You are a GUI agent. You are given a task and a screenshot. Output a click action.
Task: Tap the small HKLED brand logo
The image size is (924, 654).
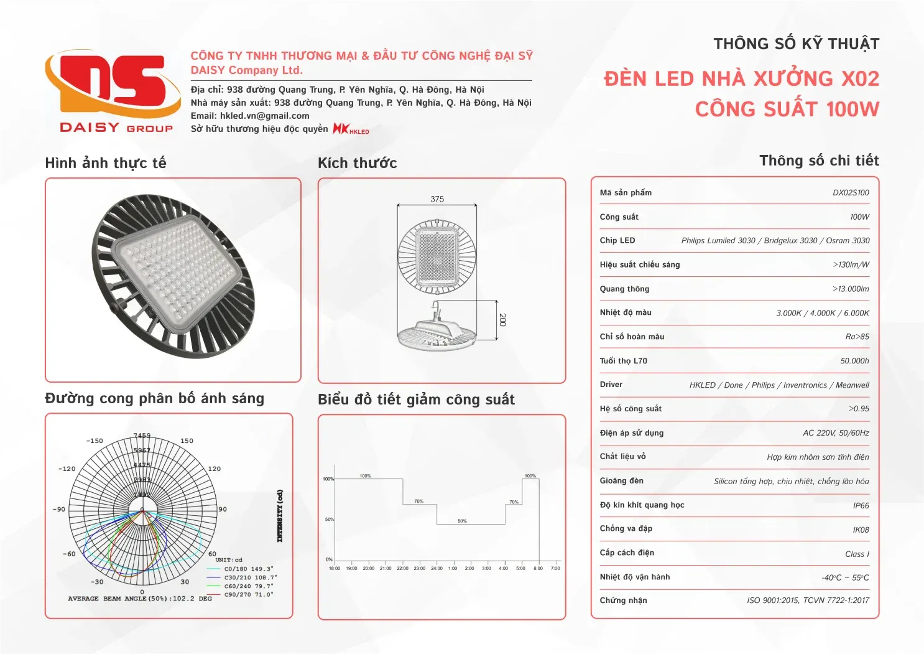click(x=351, y=129)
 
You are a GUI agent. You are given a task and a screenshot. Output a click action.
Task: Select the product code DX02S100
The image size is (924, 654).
click(x=851, y=193)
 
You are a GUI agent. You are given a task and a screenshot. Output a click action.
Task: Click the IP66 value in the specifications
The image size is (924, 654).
click(x=861, y=506)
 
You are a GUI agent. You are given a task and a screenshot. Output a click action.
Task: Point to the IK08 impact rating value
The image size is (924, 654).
click(x=861, y=530)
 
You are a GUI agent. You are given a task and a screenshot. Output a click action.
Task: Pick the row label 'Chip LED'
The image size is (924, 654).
click(x=617, y=241)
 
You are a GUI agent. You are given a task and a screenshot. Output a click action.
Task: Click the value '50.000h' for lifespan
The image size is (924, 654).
click(x=854, y=361)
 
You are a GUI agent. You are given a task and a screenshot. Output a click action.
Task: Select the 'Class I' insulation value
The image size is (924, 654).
click(x=857, y=554)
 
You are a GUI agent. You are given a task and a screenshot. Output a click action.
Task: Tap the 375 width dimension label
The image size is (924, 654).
click(x=437, y=199)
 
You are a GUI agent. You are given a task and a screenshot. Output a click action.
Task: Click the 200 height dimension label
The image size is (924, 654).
click(x=502, y=320)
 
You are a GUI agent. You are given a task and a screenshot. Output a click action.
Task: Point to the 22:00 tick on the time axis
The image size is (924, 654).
click(x=402, y=568)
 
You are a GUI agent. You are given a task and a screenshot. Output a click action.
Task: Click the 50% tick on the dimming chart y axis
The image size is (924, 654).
click(x=330, y=519)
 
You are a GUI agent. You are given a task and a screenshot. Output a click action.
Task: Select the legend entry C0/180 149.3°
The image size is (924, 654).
click(x=248, y=569)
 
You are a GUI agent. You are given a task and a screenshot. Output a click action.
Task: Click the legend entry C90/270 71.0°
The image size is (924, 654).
click(x=248, y=595)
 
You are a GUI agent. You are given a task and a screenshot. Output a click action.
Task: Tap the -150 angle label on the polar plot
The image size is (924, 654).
click(x=95, y=441)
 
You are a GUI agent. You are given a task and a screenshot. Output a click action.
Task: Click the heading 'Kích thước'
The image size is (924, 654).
click(x=357, y=163)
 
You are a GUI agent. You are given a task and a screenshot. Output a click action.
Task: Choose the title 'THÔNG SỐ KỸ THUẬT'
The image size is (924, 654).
click(x=796, y=44)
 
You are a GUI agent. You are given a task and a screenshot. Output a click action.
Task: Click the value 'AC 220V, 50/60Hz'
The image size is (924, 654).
click(x=836, y=433)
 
